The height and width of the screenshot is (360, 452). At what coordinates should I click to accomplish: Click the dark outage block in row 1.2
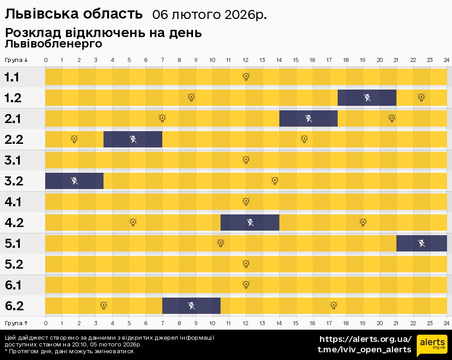(367, 98)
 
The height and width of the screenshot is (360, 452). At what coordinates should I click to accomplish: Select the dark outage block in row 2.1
(308, 118)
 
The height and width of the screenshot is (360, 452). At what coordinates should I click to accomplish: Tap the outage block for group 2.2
(133, 139)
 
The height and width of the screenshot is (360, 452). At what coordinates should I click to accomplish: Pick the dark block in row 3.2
(74, 181)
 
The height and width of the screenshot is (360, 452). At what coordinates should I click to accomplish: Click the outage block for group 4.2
(250, 223)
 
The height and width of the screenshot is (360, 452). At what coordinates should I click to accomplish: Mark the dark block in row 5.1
(421, 243)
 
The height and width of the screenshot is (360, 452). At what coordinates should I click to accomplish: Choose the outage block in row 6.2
(191, 306)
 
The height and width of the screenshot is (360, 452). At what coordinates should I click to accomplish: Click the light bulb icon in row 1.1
(246, 77)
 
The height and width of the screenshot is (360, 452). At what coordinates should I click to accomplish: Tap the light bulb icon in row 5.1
(221, 243)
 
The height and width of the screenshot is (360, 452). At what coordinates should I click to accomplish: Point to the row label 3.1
(14, 160)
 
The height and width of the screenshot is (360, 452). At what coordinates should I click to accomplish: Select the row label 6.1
(14, 285)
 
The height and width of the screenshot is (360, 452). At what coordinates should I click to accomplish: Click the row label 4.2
(14, 223)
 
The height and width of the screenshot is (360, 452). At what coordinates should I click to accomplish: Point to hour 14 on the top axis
(279, 60)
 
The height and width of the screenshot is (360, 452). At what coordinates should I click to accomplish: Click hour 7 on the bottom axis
(162, 323)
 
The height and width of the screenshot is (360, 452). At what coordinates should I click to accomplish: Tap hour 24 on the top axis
(446, 60)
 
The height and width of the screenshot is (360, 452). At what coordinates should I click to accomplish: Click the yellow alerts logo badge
(432, 346)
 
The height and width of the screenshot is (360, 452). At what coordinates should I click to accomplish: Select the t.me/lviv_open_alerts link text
(364, 350)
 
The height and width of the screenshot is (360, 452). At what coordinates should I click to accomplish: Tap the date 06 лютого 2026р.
(209, 15)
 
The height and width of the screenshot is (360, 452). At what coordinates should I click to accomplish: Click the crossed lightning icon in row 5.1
(421, 243)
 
